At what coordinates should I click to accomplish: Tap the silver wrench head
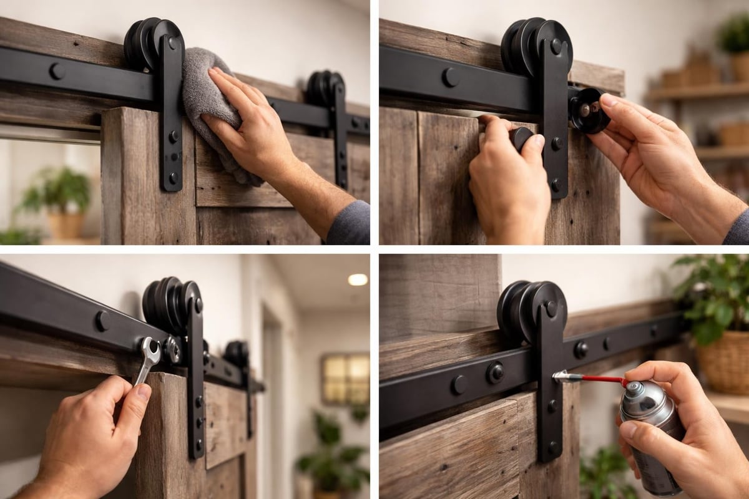pos(150,349)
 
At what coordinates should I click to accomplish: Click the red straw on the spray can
pos(602,379)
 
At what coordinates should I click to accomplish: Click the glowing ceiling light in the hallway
pos(358,279)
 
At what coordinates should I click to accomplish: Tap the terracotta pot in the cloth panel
pos(66,225)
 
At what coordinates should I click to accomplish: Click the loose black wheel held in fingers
pos(589,110)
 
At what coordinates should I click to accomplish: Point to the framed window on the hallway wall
pos(345,379)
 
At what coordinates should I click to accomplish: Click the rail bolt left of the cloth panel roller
pos(57,71)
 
